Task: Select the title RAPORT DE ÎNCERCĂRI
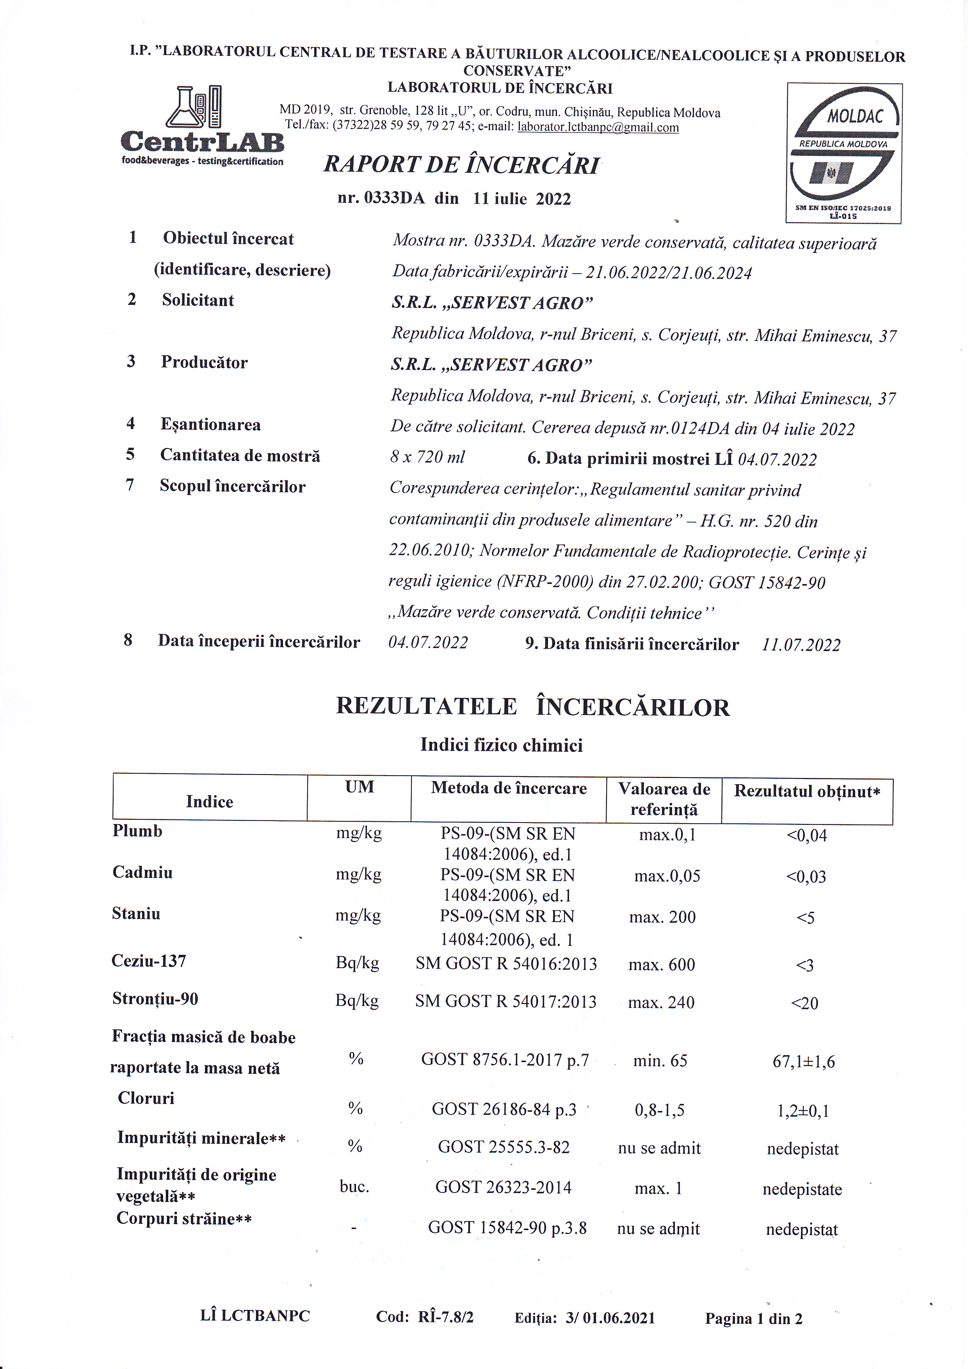point(461,165)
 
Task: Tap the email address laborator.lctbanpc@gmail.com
point(598,127)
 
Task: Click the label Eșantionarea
point(210,425)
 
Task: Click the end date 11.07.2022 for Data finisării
point(801,644)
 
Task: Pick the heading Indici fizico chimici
point(501,745)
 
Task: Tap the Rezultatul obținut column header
point(807,791)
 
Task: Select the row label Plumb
point(138,831)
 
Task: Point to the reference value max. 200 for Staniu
point(662,917)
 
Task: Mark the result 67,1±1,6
point(804,1062)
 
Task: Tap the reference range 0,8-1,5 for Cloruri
point(659,1110)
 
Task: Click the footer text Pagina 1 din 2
point(753,1318)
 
